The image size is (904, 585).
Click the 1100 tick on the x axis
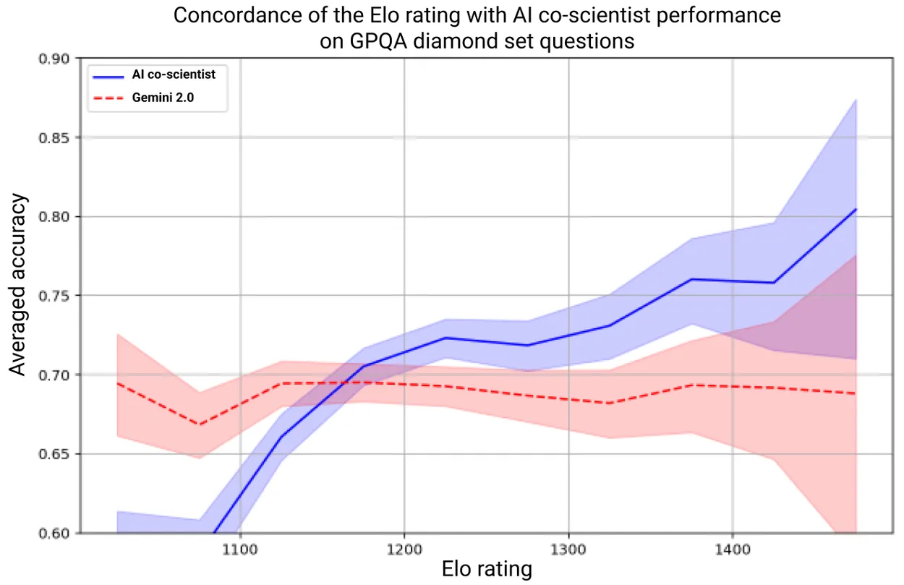(240, 548)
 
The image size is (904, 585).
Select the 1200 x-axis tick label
(404, 548)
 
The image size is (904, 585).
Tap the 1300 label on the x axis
(568, 548)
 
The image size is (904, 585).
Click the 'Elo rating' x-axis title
(487, 570)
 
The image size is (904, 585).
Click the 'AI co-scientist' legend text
(179, 74)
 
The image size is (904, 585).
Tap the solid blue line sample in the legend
(111, 74)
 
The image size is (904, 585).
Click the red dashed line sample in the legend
(111, 98)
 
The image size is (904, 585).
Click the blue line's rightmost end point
(856, 209)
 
